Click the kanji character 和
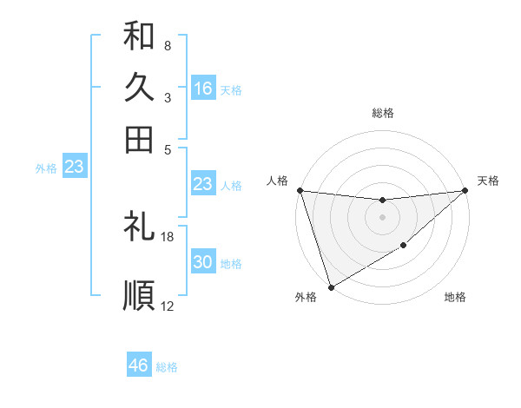[x=139, y=36]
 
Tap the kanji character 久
[x=139, y=88]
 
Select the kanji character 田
[x=139, y=139]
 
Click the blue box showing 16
[x=203, y=89]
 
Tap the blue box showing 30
[x=203, y=263]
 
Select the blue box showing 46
[x=139, y=365]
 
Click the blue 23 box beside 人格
[x=203, y=184]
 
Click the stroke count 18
[x=168, y=236]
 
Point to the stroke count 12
[x=168, y=306]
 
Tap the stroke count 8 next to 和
[x=167, y=45]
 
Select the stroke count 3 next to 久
[x=167, y=97]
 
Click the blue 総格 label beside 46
[x=167, y=367]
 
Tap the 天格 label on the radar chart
[x=488, y=181]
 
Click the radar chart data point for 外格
[x=331, y=286]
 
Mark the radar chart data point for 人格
[x=300, y=190]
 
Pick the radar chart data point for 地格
[x=404, y=247]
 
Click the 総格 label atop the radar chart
[x=382, y=113]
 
